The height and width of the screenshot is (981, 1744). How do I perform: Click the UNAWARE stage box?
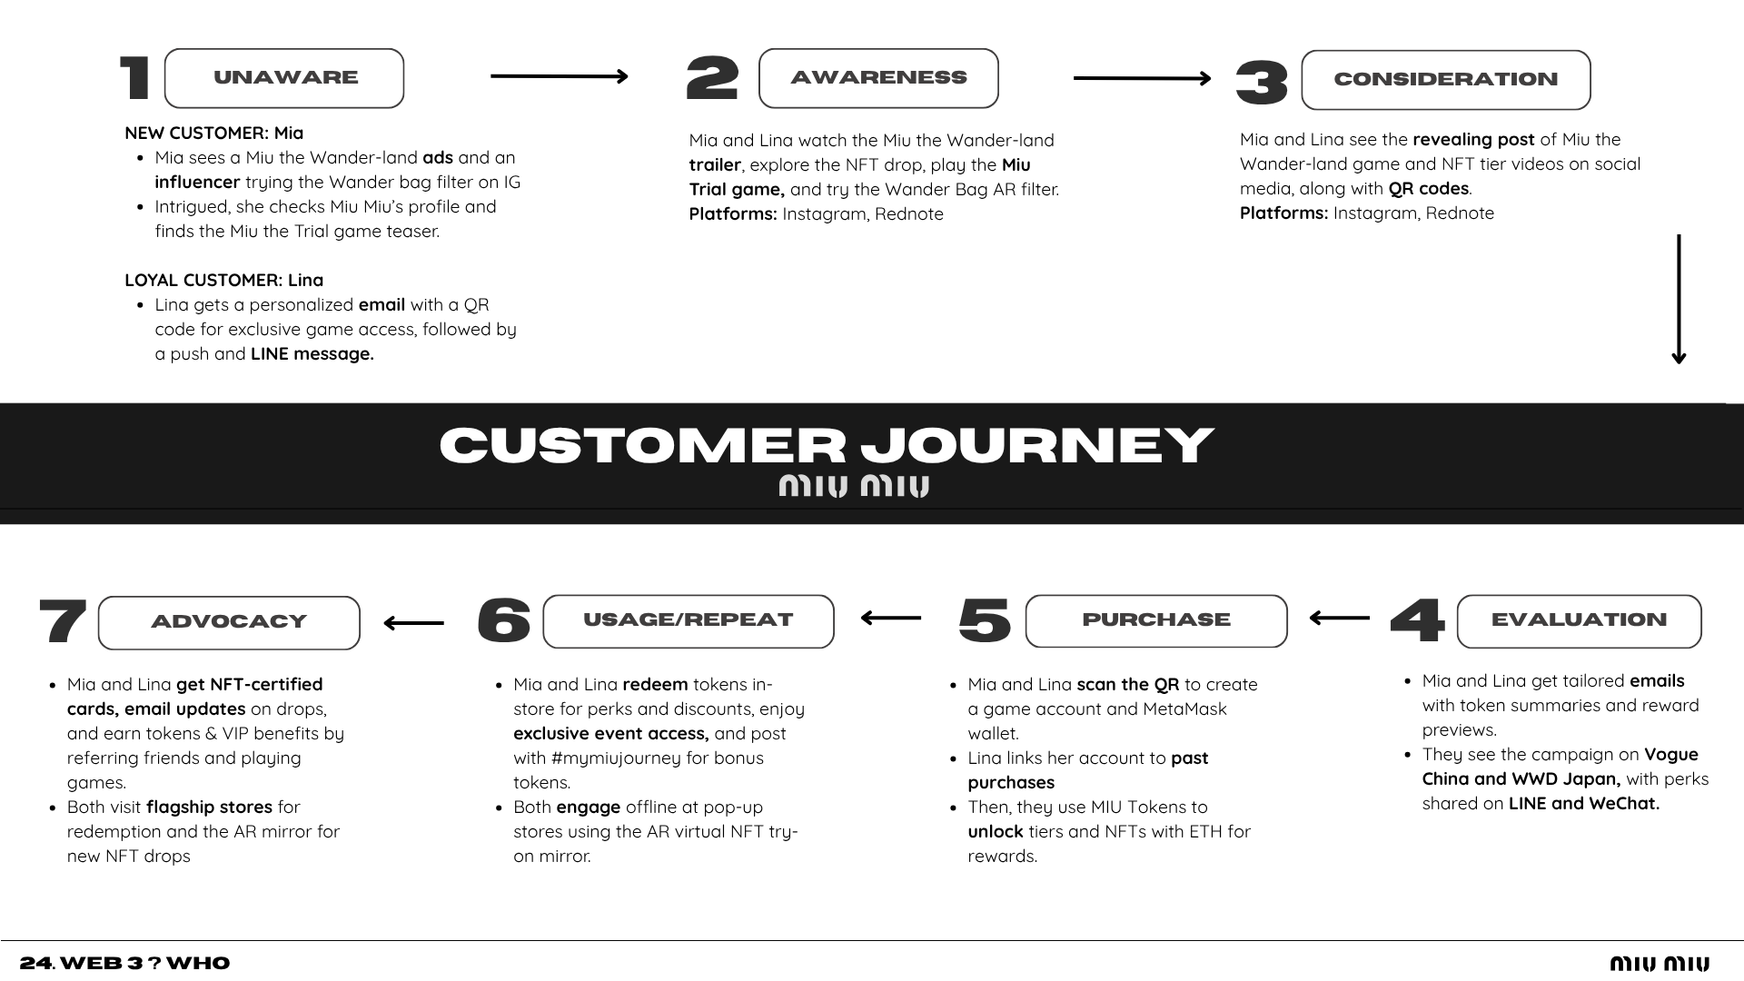coord(284,78)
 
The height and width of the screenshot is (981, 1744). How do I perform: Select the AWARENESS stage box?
coord(878,78)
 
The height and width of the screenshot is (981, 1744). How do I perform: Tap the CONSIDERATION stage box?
coord(1446,80)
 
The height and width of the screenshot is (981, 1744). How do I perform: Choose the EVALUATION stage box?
coord(1580,621)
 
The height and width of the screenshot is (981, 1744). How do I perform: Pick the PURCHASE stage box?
coord(1156,621)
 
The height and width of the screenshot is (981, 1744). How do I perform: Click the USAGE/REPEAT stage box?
coord(689,621)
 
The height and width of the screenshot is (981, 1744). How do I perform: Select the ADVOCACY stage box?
coord(229,623)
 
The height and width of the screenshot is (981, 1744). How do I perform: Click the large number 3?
coord(1263,83)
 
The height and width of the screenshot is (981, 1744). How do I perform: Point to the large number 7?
coord(64,621)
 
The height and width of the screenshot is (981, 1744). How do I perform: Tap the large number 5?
coord(985,620)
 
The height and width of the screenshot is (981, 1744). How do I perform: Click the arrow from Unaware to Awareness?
coord(560,76)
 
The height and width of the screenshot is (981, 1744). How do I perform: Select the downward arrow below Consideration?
coord(1679,300)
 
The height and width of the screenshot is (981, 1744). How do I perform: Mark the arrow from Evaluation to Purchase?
coord(1340,618)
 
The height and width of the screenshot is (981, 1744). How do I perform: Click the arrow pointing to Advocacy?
coord(414,623)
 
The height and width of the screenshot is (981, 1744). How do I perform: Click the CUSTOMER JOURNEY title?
coord(827,445)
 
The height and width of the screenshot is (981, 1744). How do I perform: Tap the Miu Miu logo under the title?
coord(854,486)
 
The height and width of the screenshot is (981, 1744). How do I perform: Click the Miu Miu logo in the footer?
coord(1660,964)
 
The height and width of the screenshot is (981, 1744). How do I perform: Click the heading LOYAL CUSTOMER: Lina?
coord(224,281)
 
